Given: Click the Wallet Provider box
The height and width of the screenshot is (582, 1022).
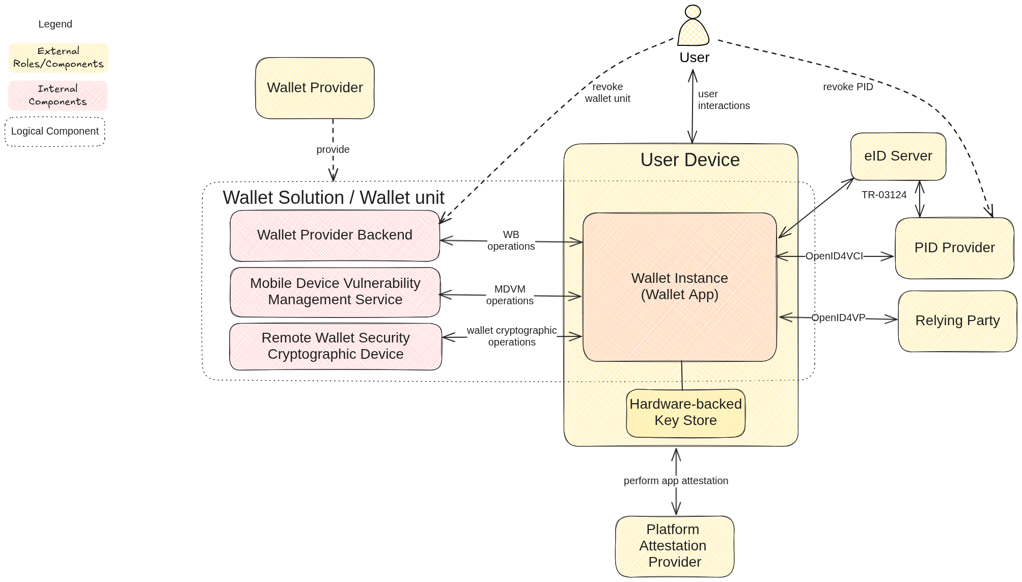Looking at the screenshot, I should [315, 88].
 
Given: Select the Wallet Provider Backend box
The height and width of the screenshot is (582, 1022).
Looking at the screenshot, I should [335, 235].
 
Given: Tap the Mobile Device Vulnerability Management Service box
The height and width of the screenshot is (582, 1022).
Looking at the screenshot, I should [335, 292].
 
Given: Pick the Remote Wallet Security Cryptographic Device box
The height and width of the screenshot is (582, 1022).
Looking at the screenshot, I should [336, 346].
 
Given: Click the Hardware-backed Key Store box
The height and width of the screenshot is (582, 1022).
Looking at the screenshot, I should [685, 412].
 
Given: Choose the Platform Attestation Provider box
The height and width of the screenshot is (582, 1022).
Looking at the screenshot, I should [674, 546].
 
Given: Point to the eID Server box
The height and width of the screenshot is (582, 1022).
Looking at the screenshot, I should [898, 156].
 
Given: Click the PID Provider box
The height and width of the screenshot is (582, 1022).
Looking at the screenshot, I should [954, 248].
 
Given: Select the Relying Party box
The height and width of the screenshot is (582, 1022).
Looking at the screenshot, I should [957, 321].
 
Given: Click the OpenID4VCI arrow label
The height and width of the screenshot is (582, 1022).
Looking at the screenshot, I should [834, 256].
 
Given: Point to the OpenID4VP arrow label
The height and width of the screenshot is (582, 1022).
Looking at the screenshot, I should [838, 318].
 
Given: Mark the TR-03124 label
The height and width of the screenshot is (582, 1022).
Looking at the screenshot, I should [884, 195].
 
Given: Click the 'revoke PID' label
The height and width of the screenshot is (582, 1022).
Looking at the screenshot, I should [848, 87].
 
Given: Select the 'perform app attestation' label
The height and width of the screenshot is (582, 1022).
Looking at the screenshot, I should [676, 481].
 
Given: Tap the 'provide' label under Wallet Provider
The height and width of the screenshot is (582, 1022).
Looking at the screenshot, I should [333, 149].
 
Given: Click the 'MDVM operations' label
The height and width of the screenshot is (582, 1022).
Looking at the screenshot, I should [510, 295].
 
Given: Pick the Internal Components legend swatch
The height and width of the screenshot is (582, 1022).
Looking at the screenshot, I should [58, 95].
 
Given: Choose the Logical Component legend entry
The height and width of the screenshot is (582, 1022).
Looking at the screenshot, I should [55, 131].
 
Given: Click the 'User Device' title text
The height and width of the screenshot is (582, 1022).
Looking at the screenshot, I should [689, 160].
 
